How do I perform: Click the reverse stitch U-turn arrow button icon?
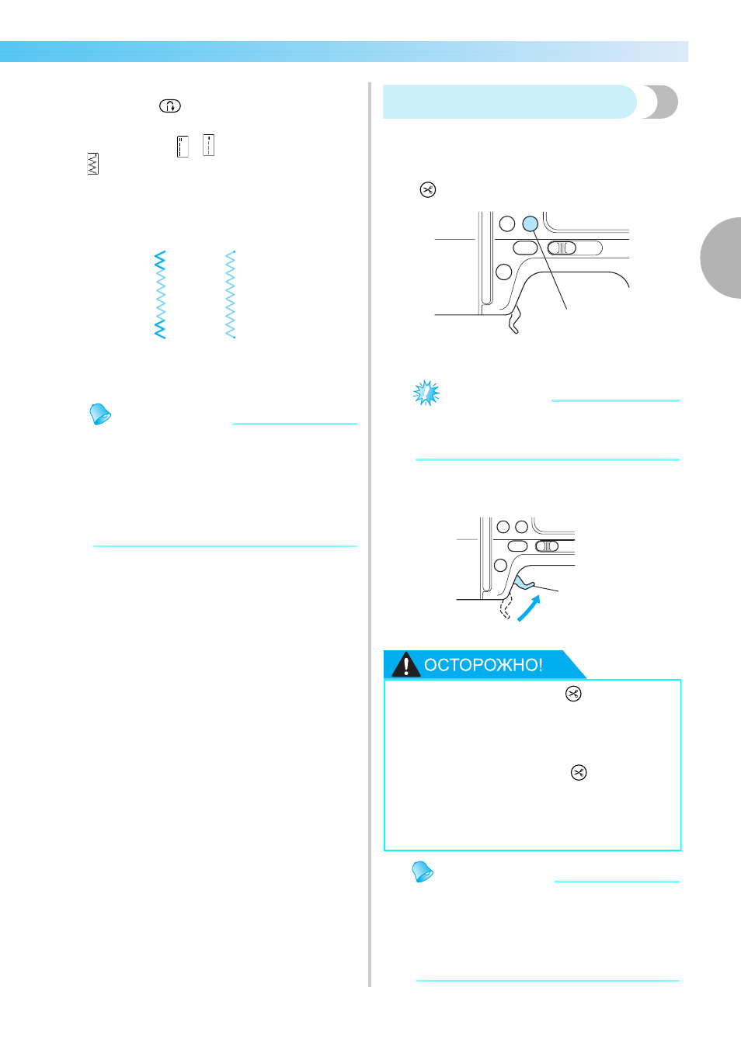click(169, 106)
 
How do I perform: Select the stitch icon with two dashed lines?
click(183, 146)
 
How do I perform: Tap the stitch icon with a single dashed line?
click(208, 145)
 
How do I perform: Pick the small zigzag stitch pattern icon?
click(93, 164)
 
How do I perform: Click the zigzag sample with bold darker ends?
click(160, 295)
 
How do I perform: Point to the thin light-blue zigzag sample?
click(230, 295)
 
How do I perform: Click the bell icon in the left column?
click(100, 414)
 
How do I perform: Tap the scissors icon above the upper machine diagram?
click(428, 189)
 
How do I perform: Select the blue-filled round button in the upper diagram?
click(531, 223)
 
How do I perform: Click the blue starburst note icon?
click(426, 393)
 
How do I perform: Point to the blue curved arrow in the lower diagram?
click(529, 608)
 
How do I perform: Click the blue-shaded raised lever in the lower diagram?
click(524, 583)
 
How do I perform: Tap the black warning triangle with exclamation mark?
click(405, 664)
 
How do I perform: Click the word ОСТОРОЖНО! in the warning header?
click(483, 664)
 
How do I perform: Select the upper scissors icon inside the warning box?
click(573, 694)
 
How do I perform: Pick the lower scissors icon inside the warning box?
click(579, 772)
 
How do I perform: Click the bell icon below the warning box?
click(423, 872)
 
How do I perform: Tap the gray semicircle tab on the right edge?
click(722, 258)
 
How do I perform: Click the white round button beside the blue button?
click(506, 223)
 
